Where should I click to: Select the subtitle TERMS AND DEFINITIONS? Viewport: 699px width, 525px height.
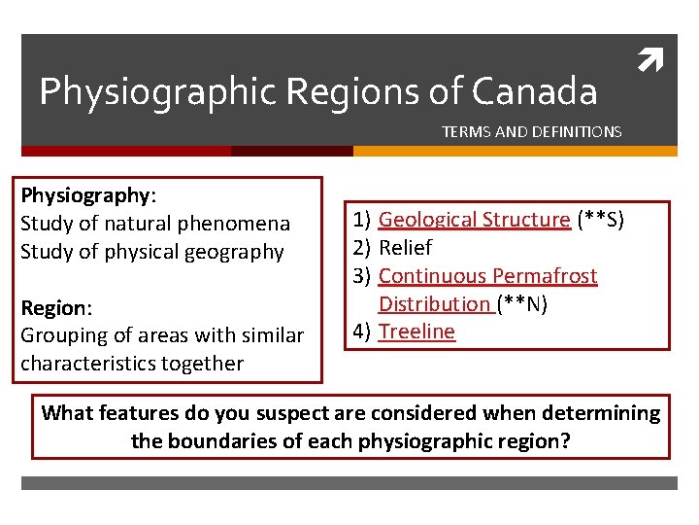coord(531,131)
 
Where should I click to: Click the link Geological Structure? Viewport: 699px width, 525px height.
coord(474,220)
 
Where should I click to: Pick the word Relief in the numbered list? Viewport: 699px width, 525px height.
coord(405,248)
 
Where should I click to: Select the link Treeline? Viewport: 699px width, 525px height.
coord(416,332)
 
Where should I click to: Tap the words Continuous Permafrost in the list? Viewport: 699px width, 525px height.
coord(487,276)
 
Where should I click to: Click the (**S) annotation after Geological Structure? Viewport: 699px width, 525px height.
coord(600,220)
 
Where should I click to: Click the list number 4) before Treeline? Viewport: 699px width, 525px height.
coord(361,332)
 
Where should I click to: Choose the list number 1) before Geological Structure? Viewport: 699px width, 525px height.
coord(361,220)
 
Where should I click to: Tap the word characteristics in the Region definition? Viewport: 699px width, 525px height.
coord(85,364)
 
